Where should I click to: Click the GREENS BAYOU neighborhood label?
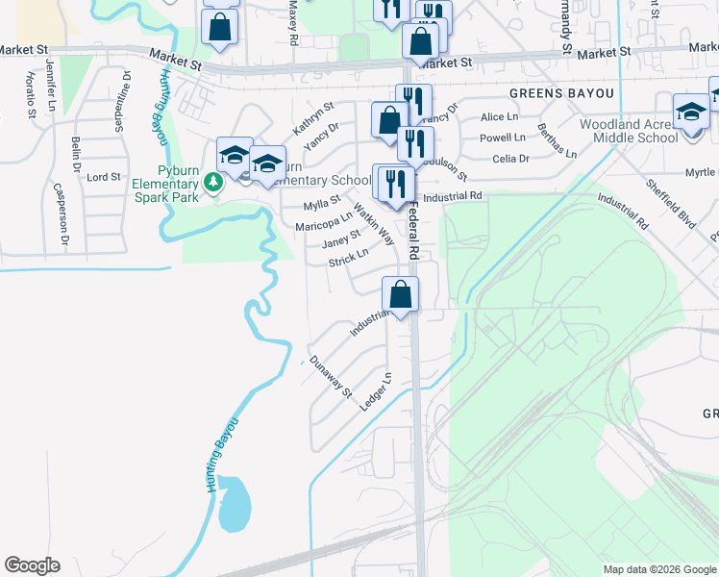click(x=560, y=93)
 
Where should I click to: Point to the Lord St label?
click(x=104, y=177)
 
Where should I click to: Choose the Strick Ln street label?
click(x=348, y=258)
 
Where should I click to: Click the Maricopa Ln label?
click(x=324, y=219)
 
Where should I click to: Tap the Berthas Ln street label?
click(x=557, y=140)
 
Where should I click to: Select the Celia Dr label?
click(x=510, y=159)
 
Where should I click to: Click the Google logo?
click(x=32, y=565)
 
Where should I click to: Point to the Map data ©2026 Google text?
click(x=659, y=569)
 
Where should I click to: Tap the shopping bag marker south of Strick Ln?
click(x=400, y=294)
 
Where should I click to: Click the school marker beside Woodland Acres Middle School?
click(x=690, y=112)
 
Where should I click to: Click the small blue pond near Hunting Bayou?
click(x=235, y=504)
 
